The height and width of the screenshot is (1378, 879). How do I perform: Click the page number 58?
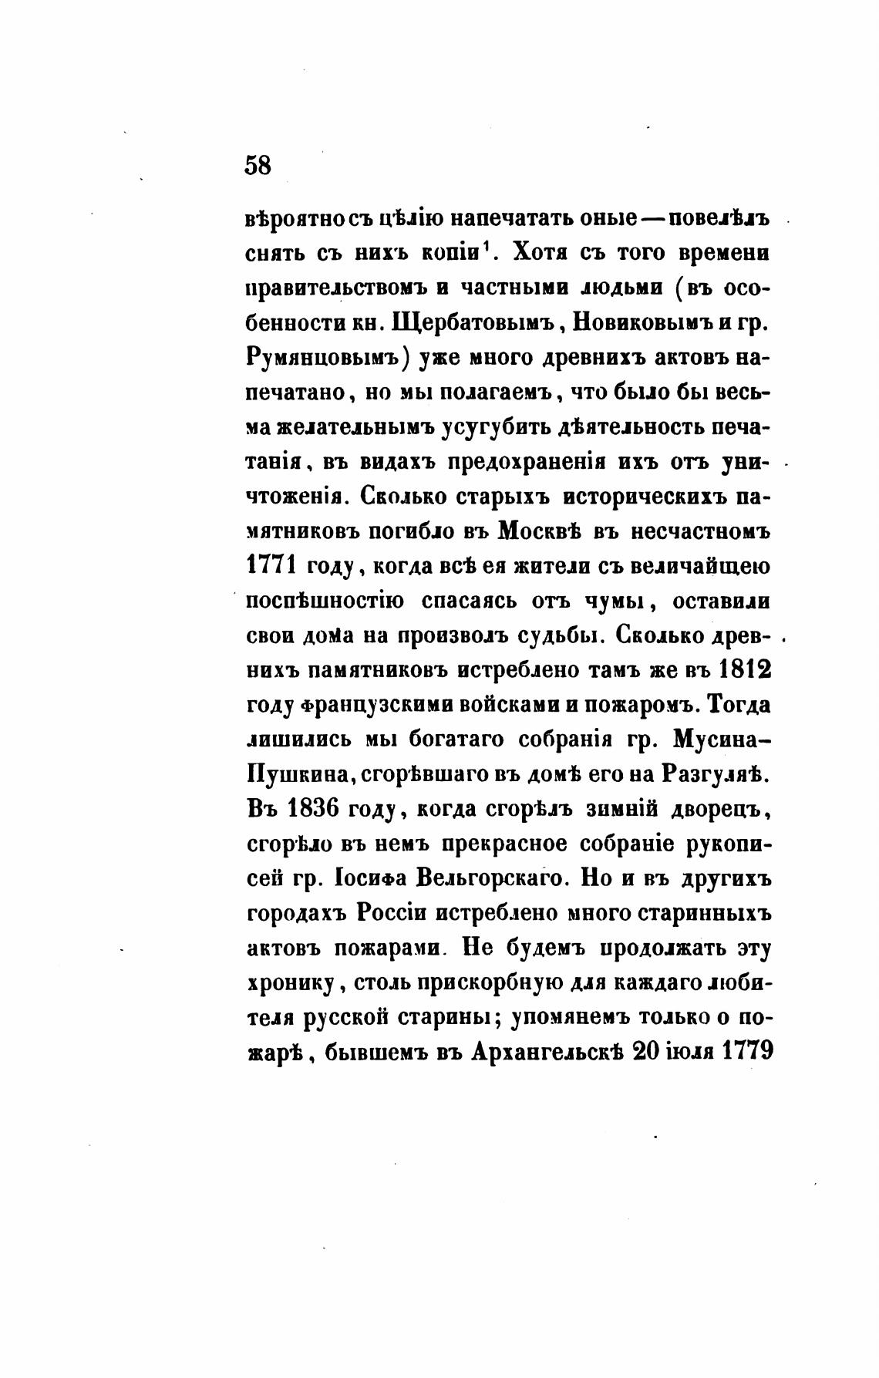pyautogui.click(x=258, y=165)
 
